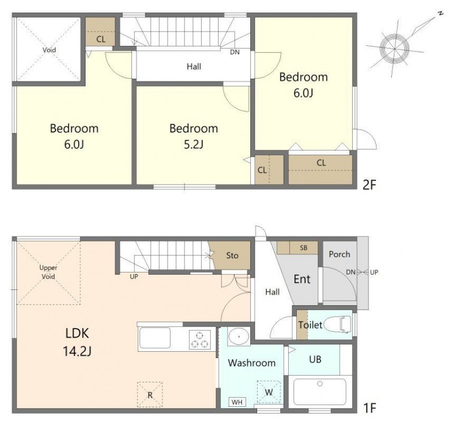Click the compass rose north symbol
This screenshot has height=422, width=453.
click(x=395, y=49)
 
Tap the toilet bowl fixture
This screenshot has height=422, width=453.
click(x=338, y=325)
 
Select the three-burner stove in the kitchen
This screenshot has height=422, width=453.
click(x=199, y=340)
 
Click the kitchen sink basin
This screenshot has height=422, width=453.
click(x=155, y=338)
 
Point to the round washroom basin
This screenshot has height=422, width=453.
click(x=238, y=336)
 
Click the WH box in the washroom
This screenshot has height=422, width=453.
click(x=237, y=402)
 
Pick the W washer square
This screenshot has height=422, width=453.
click(x=268, y=392)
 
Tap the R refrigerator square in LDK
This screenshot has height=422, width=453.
click(x=149, y=395)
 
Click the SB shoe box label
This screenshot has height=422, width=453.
click(x=304, y=248)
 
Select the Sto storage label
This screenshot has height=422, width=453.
click(x=232, y=255)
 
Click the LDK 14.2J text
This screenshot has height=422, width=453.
click(x=77, y=343)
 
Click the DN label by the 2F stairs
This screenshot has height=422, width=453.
click(x=235, y=52)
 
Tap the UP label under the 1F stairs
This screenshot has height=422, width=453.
click(x=134, y=276)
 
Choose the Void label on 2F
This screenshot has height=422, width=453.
click(x=49, y=50)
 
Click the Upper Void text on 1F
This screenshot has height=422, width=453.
click(x=48, y=272)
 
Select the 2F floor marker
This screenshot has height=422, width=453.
click(x=370, y=185)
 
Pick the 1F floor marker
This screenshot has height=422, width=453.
click(x=370, y=408)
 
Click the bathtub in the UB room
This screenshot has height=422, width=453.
click(x=319, y=392)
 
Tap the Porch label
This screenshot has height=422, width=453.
click(x=339, y=254)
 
